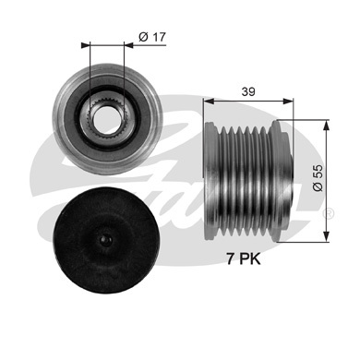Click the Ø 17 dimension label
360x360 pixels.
pyautogui.click(x=152, y=37)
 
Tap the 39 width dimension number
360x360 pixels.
pyautogui.click(x=248, y=91)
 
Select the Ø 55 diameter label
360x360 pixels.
pyautogui.click(x=318, y=177)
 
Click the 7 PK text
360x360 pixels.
pyautogui.click(x=244, y=259)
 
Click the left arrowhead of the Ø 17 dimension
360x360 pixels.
pyautogui.click(x=85, y=45)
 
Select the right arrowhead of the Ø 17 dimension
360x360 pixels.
pyautogui.click(x=128, y=45)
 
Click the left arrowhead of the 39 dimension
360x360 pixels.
pyautogui.click(x=209, y=101)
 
